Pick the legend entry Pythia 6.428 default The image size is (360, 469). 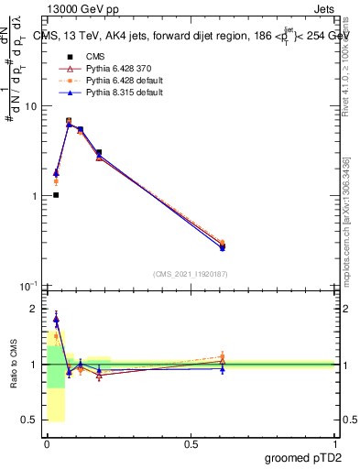(104, 82)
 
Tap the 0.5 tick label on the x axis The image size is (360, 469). (190, 444)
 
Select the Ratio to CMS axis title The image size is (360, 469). (13, 365)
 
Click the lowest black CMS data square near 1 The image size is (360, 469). (56, 195)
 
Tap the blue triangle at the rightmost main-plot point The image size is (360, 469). (223, 247)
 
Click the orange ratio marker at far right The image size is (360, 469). (223, 357)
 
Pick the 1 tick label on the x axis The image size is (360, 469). (333, 444)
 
